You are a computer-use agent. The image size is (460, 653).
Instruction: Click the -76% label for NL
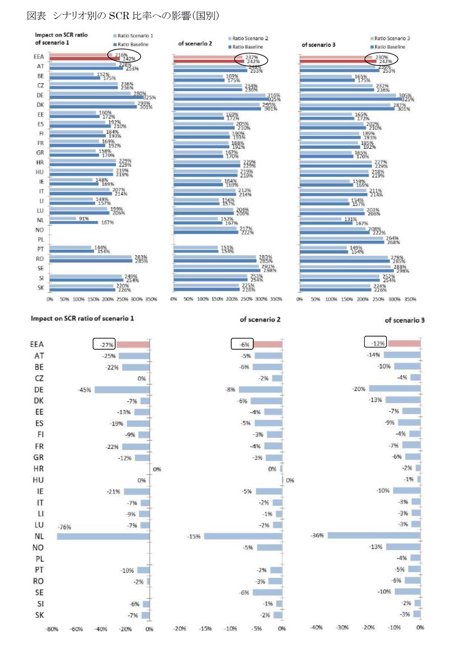(64, 527)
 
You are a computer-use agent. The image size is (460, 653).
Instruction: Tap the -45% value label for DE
(84, 390)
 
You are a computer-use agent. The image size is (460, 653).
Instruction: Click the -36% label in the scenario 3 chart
(317, 535)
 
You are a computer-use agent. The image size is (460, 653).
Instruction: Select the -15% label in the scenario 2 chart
(194, 536)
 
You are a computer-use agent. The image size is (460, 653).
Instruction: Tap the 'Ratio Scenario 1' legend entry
(133, 36)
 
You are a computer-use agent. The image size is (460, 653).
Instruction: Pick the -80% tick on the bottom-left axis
(52, 629)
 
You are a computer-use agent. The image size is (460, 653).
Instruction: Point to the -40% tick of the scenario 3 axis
(316, 627)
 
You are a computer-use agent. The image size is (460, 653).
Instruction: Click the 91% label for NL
(84, 218)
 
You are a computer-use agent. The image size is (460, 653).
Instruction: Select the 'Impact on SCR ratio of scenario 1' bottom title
(82, 318)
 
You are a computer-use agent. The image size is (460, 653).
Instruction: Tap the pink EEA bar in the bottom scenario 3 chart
(404, 343)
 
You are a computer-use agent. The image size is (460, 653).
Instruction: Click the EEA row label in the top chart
(39, 57)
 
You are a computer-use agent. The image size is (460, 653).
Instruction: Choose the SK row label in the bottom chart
(39, 615)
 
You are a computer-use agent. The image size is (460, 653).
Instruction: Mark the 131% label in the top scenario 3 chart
(350, 219)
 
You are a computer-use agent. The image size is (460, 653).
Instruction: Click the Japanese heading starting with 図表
(123, 15)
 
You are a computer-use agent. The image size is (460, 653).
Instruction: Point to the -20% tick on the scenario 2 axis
(179, 629)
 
